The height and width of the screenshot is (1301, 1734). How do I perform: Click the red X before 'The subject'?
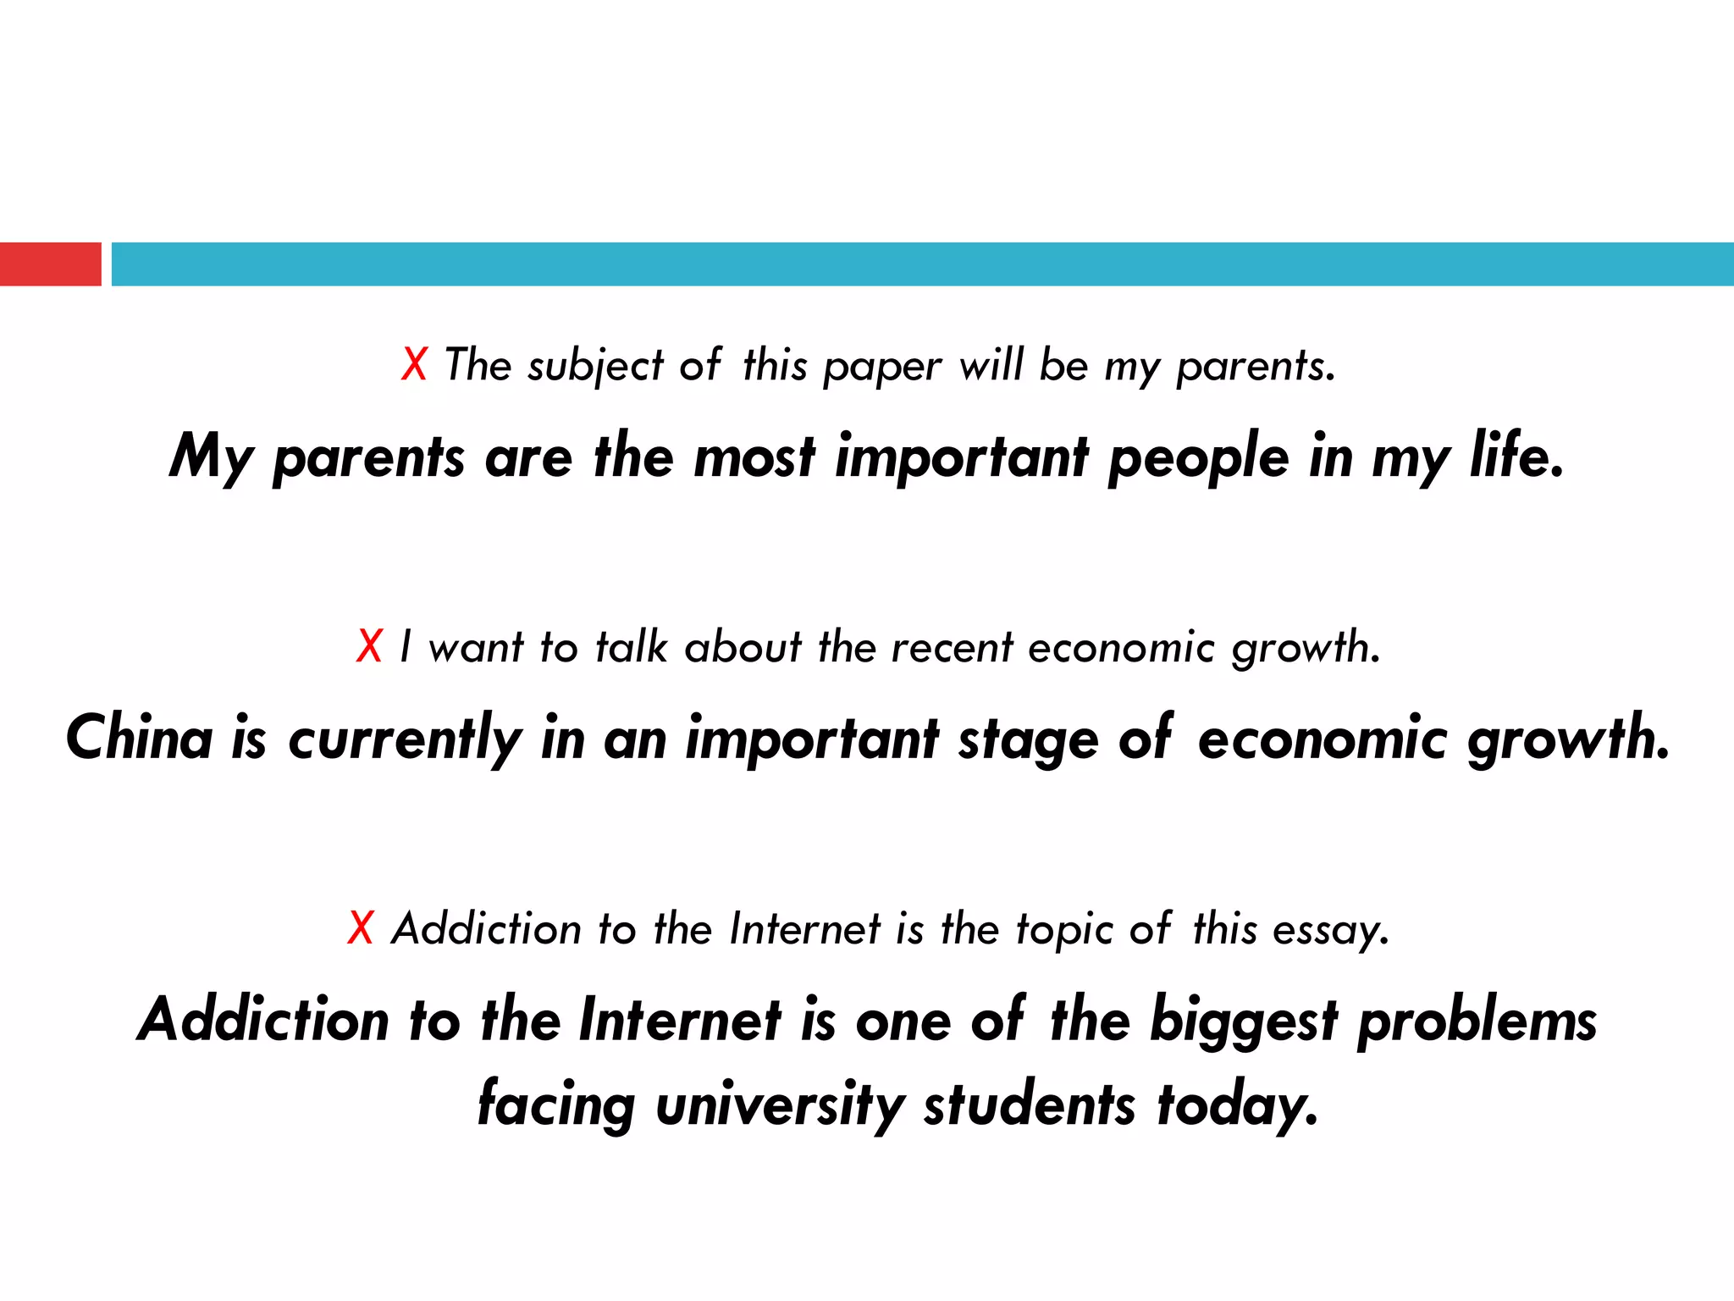[414, 365]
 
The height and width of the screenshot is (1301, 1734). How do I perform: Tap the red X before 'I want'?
[370, 647]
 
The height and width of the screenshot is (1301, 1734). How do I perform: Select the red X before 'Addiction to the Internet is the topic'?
[361, 928]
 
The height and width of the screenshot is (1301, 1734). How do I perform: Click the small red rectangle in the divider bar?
[50, 264]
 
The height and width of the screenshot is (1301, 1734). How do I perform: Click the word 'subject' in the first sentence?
[595, 367]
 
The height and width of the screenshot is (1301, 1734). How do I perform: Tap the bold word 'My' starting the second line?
[211, 458]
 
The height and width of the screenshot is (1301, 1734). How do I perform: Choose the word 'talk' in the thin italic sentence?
[632, 647]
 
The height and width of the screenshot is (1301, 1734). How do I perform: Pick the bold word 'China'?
[140, 738]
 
